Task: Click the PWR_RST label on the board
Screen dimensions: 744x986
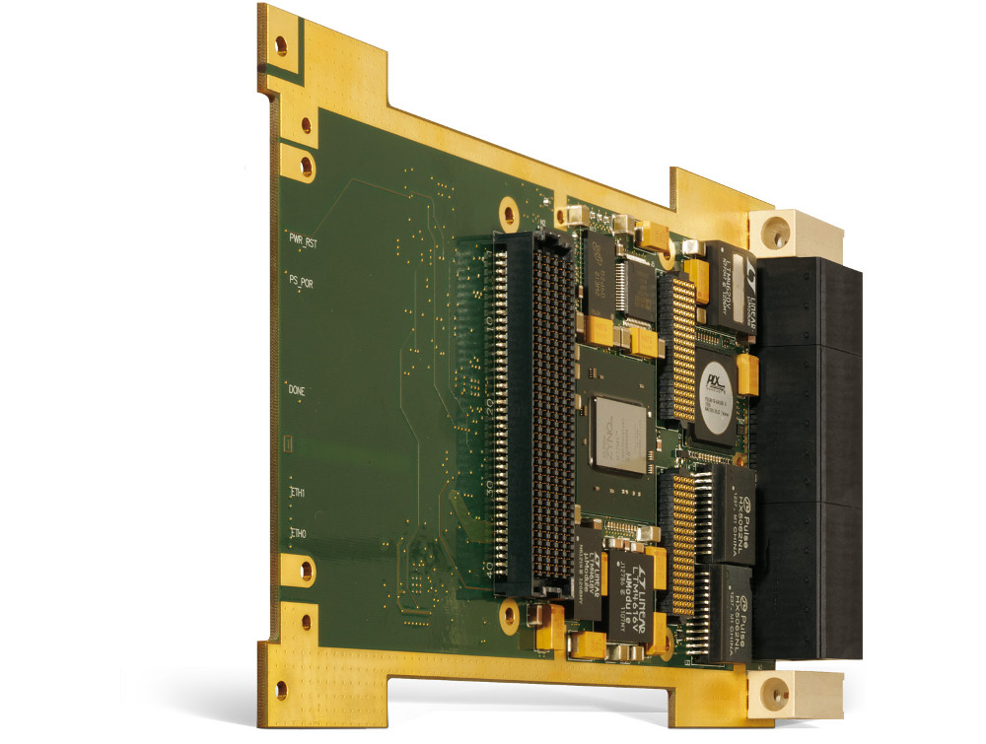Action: point(303,239)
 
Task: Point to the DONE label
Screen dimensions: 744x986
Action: point(297,391)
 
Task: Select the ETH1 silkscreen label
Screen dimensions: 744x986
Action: point(297,492)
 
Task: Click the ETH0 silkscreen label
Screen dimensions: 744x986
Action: point(297,533)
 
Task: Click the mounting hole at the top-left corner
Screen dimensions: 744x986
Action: point(281,44)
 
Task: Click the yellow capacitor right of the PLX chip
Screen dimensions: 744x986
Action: point(746,374)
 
